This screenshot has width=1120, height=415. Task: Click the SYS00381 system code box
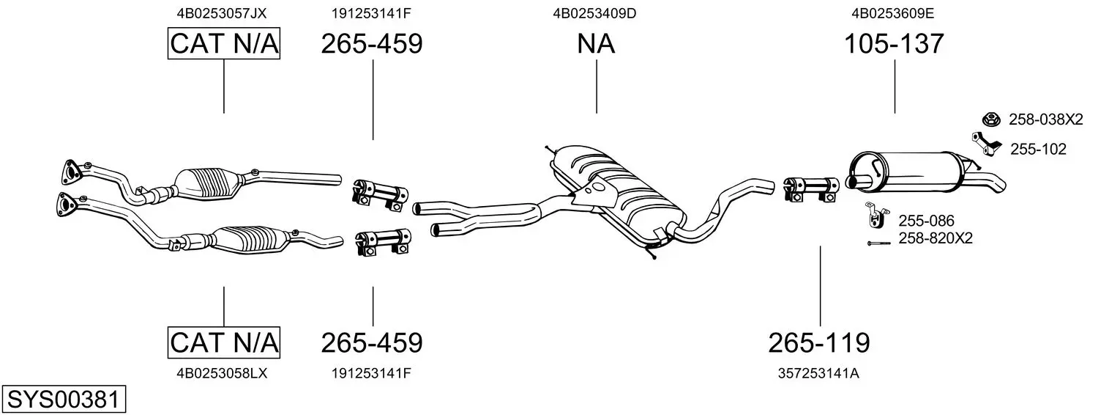64,399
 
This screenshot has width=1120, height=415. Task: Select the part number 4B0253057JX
222,13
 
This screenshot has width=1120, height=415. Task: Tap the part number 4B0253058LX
222,373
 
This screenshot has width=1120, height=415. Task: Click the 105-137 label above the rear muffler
894,43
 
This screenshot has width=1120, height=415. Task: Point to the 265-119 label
819,343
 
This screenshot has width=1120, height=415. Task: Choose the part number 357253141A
818,373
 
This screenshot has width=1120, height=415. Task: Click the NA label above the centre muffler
596,43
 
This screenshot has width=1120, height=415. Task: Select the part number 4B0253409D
594,13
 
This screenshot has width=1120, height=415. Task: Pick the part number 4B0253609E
893,13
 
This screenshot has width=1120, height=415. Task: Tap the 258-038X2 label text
1046,120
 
